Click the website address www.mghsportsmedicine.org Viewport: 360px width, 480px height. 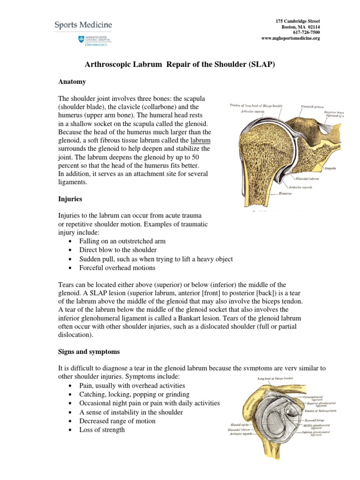click(x=290, y=38)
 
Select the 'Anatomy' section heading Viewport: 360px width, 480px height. click(x=72, y=82)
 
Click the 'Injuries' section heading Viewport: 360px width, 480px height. click(x=70, y=199)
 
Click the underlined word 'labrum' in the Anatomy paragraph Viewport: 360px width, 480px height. click(x=200, y=140)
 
